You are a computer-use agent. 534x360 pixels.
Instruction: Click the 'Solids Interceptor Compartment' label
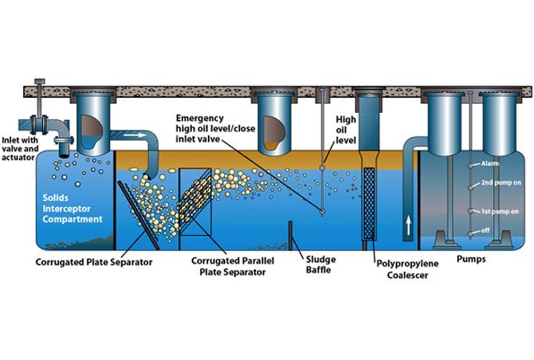coord(73,208)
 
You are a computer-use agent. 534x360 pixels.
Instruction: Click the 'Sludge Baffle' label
coord(321,264)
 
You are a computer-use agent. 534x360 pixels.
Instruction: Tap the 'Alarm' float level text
coord(490,163)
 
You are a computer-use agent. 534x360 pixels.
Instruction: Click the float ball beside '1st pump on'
coord(470,211)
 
